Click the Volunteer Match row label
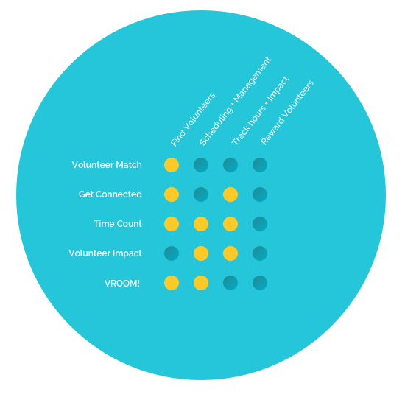[107, 165]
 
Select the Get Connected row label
[110, 194]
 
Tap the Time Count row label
[118, 224]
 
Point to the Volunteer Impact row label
[105, 253]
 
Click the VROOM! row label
[122, 283]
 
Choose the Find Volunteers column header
[193, 119]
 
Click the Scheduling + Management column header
[235, 102]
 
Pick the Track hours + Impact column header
[260, 110]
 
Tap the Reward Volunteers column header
[287, 113]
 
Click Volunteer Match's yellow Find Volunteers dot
[172, 165]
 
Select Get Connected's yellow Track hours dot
[230, 194]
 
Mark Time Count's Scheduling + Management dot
[201, 224]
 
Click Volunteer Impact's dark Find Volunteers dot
[172, 253]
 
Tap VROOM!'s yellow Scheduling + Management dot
[201, 283]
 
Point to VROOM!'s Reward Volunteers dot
[260, 283]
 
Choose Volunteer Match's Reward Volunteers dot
[260, 165]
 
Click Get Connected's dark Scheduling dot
[201, 194]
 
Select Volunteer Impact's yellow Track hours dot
[230, 253]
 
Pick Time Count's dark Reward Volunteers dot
[260, 224]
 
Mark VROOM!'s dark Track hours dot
[230, 283]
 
